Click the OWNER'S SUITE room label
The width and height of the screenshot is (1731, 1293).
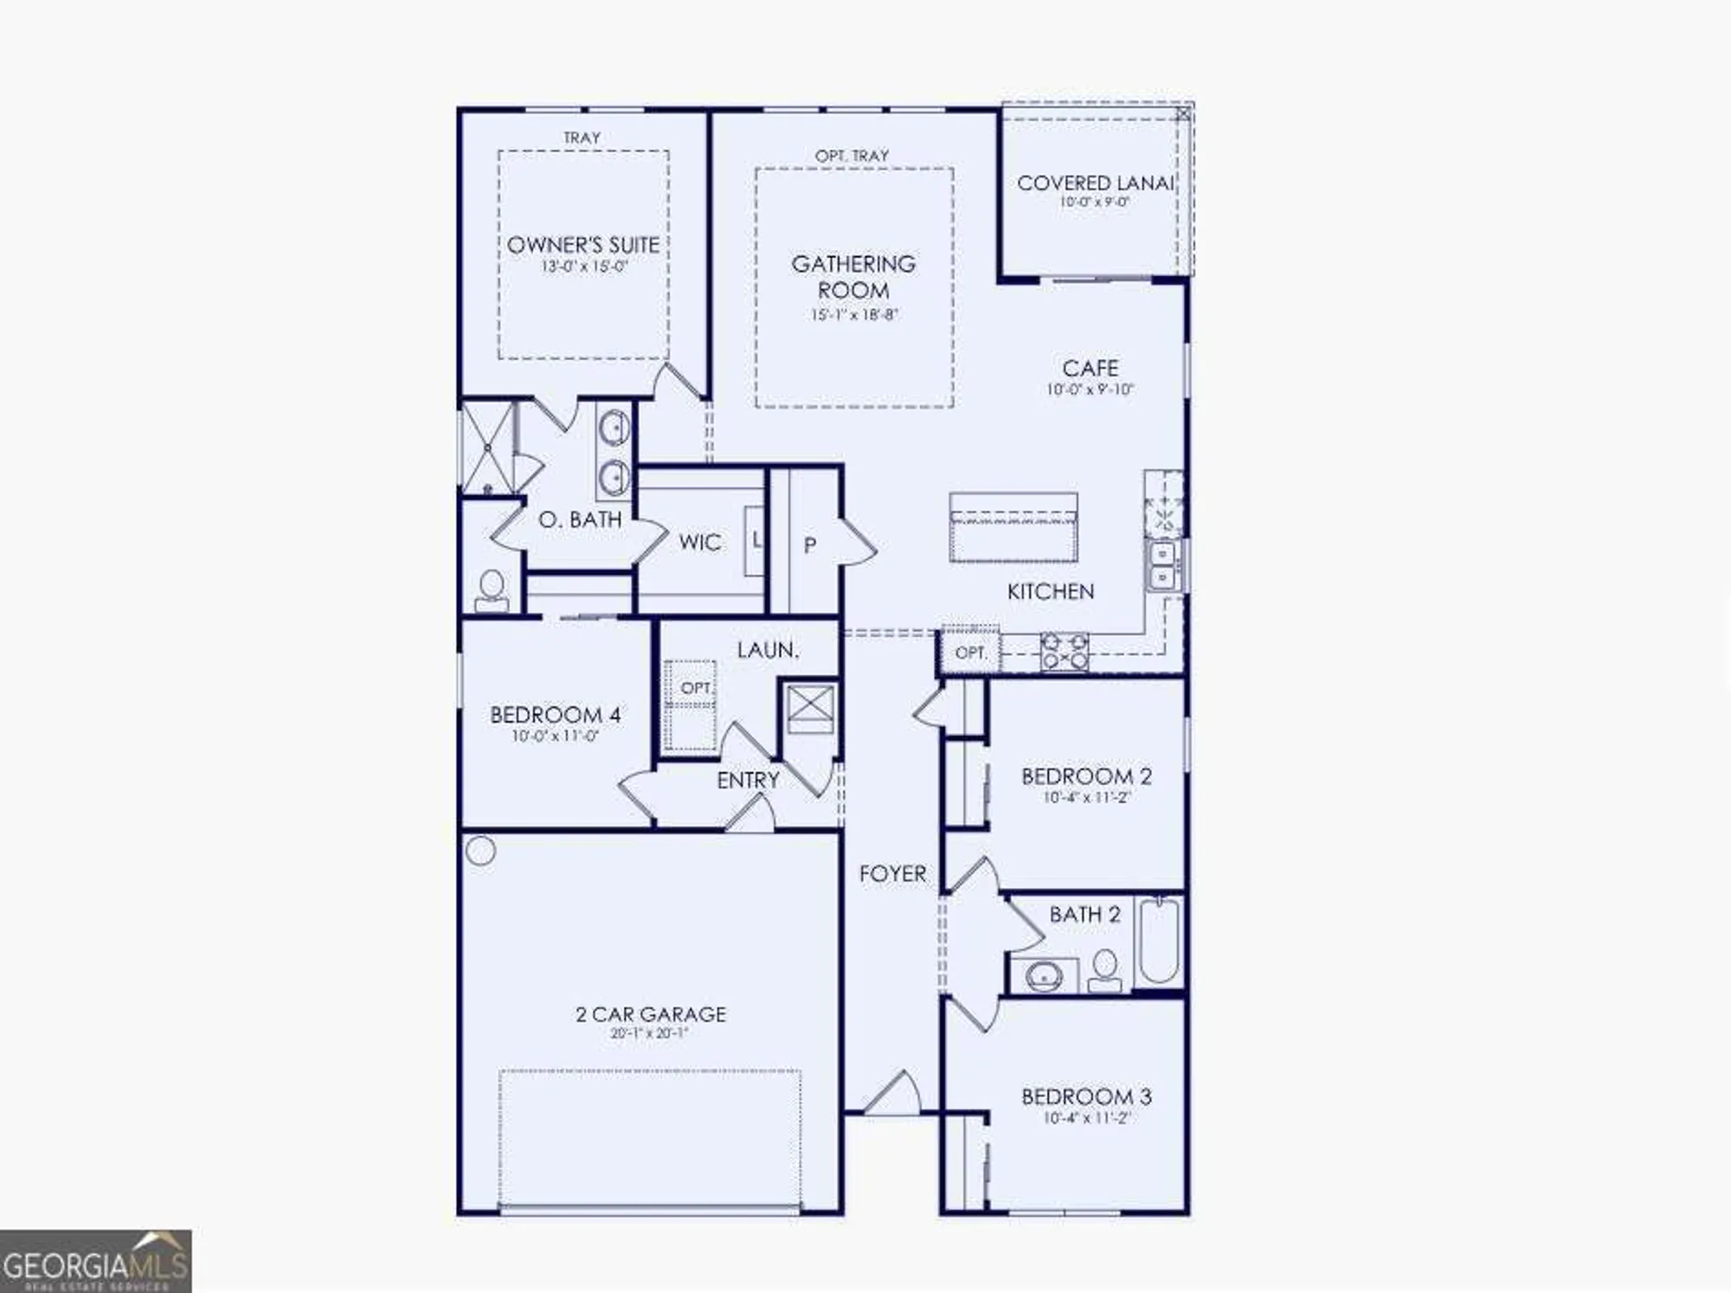(582, 245)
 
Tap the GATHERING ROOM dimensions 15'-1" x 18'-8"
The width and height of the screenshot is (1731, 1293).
(853, 315)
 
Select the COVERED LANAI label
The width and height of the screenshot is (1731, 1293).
(1094, 183)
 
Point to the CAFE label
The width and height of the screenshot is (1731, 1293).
(1090, 368)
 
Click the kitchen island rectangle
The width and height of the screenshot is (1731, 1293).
(1013, 528)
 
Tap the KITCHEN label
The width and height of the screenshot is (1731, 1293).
(1050, 591)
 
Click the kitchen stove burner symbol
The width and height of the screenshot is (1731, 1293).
(1065, 652)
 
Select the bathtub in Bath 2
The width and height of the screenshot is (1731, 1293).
(1159, 942)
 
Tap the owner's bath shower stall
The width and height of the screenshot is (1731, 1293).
(486, 447)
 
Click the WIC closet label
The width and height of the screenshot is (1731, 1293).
(699, 543)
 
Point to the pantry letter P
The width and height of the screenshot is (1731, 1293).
(809, 545)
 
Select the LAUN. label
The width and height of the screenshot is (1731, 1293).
(767, 650)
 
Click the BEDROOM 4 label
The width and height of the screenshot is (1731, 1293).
(555, 715)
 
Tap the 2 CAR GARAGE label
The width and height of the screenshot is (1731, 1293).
(650, 1013)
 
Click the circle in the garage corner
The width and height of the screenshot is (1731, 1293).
(480, 851)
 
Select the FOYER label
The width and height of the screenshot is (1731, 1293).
(892, 873)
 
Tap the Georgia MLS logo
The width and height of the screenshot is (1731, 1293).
(95, 1262)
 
